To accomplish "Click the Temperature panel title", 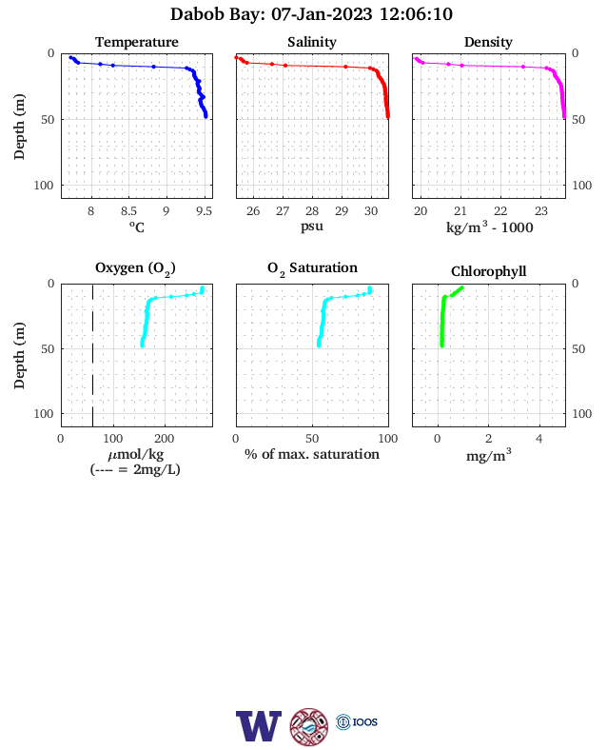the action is click(137, 42).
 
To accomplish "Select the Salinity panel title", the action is click(312, 42).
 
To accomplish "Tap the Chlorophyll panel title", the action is click(488, 271).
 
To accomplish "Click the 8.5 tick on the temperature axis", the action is click(128, 211).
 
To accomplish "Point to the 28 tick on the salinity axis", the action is click(312, 211).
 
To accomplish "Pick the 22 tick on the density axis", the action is click(500, 211).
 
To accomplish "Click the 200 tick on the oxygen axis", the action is click(164, 439).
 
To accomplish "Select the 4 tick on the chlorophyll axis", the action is click(539, 439).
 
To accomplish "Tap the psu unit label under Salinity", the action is click(312, 226).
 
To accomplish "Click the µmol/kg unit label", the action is click(136, 454).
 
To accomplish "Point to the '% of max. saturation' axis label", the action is click(312, 454).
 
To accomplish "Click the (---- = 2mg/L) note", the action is click(135, 470).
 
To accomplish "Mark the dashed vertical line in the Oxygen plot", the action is click(92, 355).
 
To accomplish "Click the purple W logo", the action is click(259, 726).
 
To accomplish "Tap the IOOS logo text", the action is click(365, 721).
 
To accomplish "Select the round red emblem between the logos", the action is click(309, 727).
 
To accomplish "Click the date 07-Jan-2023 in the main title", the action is click(322, 14).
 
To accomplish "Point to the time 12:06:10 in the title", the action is click(416, 14).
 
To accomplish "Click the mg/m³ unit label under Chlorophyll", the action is click(488, 455).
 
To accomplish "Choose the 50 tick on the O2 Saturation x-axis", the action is click(312, 439).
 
